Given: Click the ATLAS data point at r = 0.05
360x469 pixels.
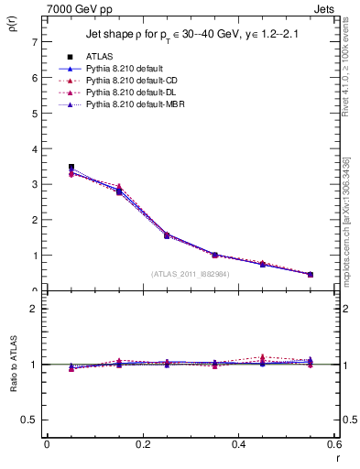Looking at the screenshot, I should (x=71, y=168).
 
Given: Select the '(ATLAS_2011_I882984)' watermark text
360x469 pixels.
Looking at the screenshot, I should (x=191, y=273).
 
